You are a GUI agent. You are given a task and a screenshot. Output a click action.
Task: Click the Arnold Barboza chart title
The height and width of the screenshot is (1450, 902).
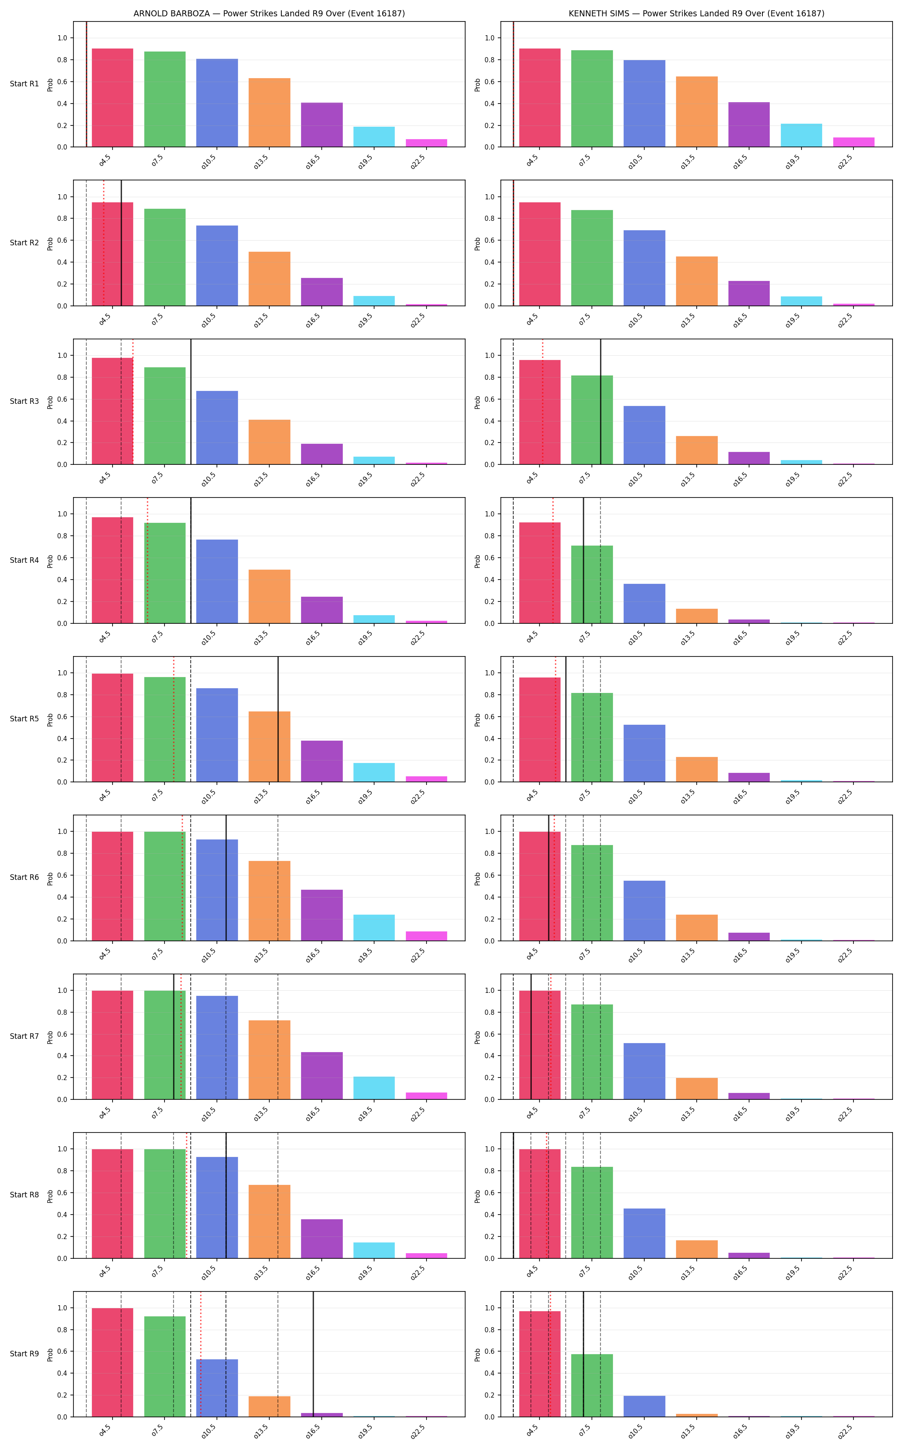(269, 13)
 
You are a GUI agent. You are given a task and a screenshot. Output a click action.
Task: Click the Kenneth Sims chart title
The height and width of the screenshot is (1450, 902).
(696, 13)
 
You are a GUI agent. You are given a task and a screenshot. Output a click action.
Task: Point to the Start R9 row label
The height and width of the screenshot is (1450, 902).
(24, 1354)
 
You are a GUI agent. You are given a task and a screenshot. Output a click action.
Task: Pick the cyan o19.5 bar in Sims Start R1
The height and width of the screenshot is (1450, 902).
(801, 135)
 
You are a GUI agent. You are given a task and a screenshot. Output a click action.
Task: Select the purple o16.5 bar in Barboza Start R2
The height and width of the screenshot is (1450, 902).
(322, 292)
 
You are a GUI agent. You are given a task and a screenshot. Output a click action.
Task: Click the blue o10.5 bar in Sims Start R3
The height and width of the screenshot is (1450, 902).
(644, 435)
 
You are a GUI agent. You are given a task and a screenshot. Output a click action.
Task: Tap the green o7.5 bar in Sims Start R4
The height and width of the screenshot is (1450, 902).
(592, 584)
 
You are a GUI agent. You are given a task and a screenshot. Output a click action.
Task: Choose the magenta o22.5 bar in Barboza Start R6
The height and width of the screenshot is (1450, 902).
(427, 936)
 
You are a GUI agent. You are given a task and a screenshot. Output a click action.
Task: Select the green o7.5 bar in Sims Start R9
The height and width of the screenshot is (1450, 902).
(592, 1386)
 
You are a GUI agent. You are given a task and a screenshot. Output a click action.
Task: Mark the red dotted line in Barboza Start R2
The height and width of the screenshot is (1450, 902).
(104, 243)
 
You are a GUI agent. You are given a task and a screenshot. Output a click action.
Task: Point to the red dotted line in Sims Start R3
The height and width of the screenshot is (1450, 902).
(543, 402)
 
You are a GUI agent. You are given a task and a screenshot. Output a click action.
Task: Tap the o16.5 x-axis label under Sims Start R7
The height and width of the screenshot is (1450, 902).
(740, 1114)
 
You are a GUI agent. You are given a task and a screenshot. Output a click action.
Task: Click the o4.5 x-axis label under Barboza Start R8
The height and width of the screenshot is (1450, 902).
(104, 1272)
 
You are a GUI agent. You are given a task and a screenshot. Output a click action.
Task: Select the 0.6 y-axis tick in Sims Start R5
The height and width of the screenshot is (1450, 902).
(490, 717)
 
